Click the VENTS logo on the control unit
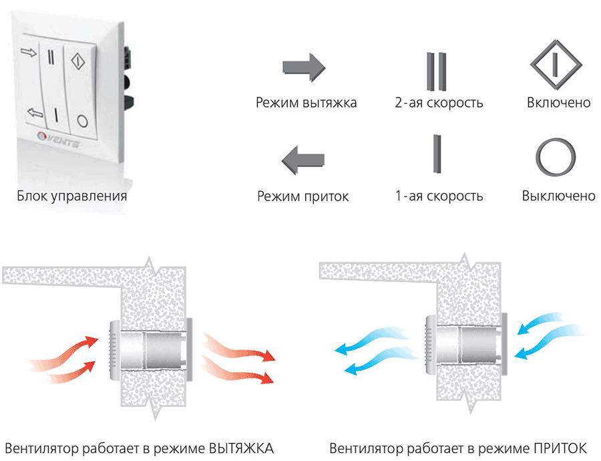point(59,140)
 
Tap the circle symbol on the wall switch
point(82,121)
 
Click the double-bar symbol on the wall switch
point(51,56)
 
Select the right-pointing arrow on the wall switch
point(29,51)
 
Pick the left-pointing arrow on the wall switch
point(35,113)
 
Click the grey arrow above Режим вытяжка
point(304,67)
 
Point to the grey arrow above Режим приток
point(303,160)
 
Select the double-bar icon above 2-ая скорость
point(437,71)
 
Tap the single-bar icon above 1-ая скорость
point(437,154)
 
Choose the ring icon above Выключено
point(556,157)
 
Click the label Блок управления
point(71,196)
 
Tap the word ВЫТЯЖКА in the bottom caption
point(241,448)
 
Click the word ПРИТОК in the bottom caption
point(560,448)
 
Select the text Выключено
point(558,196)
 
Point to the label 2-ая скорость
point(439,103)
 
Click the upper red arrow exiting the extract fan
point(238,347)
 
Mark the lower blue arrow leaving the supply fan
point(381,361)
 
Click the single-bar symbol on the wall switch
point(56,115)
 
